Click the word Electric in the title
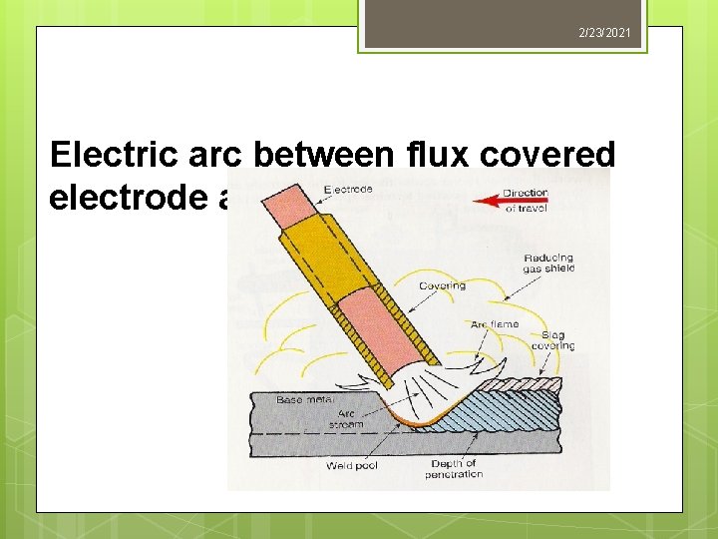[110, 155]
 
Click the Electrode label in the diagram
[348, 190]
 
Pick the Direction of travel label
[525, 200]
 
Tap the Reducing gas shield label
[548, 265]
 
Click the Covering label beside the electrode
[442, 286]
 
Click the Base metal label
[304, 399]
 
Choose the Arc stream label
[346, 418]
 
